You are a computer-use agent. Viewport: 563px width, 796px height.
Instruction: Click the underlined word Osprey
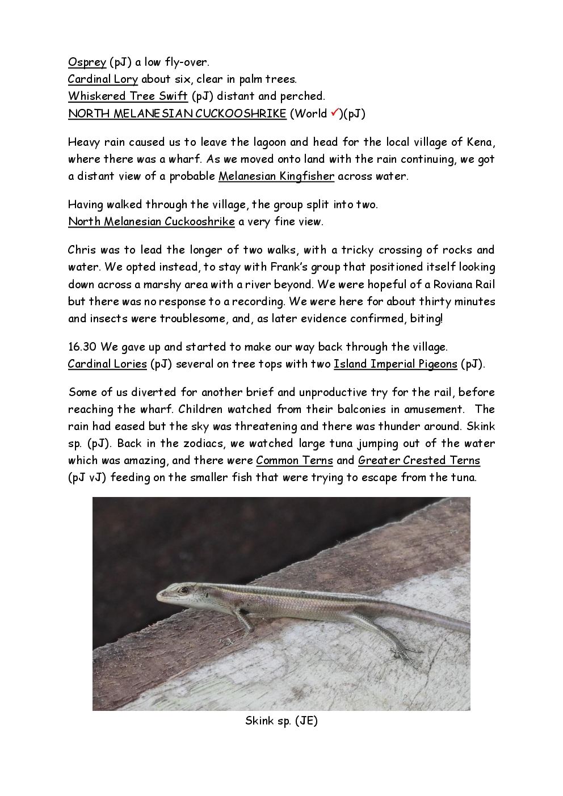click(x=87, y=62)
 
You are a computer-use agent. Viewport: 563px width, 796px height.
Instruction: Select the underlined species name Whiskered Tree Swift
click(x=128, y=96)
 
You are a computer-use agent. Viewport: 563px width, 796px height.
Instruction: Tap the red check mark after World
click(x=334, y=112)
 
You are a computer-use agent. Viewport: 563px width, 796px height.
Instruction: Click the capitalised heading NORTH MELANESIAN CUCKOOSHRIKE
click(x=177, y=113)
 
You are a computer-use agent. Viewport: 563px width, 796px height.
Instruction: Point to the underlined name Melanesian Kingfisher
click(x=276, y=176)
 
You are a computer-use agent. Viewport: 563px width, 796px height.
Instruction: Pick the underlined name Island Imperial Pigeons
click(x=395, y=364)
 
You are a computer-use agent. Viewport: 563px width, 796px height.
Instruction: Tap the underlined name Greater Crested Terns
click(x=419, y=461)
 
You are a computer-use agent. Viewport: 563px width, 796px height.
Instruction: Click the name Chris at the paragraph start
click(x=82, y=250)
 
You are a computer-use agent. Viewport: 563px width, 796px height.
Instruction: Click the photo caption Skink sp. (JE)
click(x=281, y=721)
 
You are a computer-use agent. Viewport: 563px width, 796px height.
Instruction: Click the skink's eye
click(x=183, y=591)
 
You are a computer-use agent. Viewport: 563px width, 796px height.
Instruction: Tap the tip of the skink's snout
click(x=158, y=597)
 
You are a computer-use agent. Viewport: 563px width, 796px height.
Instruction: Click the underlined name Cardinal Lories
click(x=107, y=364)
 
